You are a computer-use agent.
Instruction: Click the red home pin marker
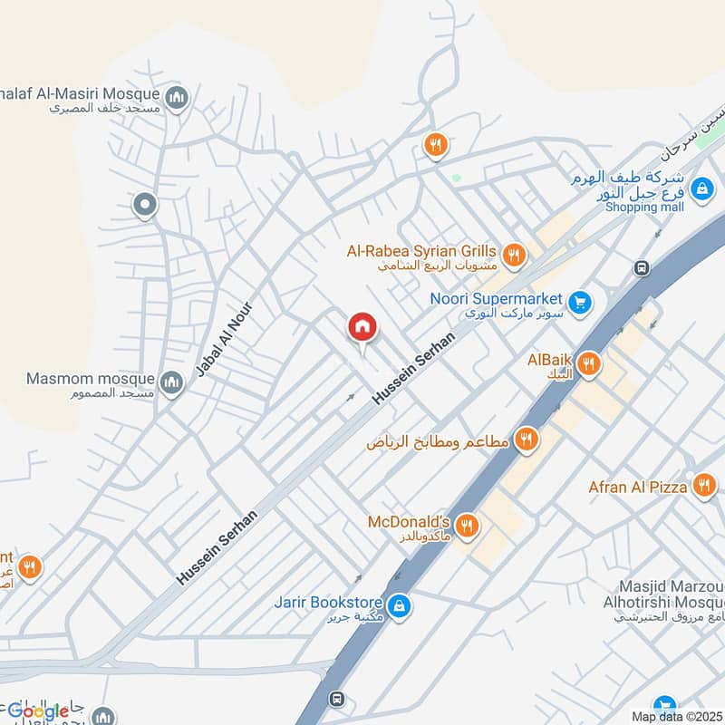pos(362,326)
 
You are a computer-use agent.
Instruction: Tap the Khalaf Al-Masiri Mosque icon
pos(177,97)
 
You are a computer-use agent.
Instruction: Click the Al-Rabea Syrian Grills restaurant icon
pos(514,255)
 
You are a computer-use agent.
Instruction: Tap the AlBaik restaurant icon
pos(589,364)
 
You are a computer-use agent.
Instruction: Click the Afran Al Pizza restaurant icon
pos(703,487)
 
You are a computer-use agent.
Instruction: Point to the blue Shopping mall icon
pos(700,188)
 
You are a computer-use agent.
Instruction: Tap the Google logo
pos(38,711)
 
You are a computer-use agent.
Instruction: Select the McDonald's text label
pos(409,523)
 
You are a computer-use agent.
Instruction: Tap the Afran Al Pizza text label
pos(638,488)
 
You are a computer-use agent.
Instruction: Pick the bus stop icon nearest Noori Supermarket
pos(642,268)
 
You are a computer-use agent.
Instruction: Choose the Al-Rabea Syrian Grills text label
pos(421,251)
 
